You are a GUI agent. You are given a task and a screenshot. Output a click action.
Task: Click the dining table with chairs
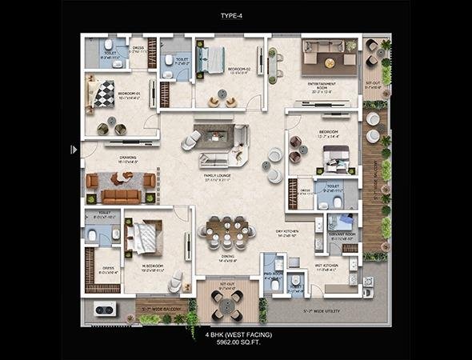(226, 233)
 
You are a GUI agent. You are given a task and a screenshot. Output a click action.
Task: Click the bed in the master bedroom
(146, 237)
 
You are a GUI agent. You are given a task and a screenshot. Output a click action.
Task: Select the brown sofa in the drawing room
(121, 195)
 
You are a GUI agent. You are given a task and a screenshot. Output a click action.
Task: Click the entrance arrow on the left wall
(74, 149)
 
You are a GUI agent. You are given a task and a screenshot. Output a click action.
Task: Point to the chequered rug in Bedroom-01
(104, 94)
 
